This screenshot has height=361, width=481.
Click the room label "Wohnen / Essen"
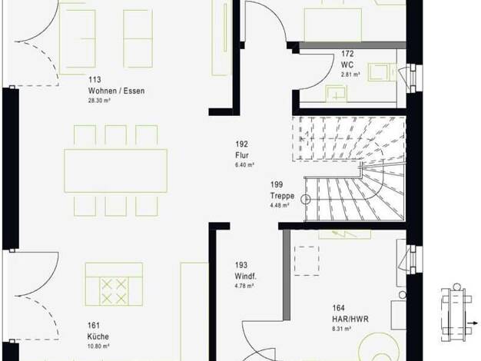click(116, 91)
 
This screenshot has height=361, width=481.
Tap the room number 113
click(95, 79)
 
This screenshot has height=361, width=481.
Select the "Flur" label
click(242, 155)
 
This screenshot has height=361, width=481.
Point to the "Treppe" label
click(282, 196)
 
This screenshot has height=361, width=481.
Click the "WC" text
click(347, 65)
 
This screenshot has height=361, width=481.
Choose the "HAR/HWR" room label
click(350, 319)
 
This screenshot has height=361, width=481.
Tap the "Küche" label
click(98, 336)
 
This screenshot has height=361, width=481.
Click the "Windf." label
click(245, 276)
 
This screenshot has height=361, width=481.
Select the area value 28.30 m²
click(99, 101)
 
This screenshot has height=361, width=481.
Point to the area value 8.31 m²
click(341, 329)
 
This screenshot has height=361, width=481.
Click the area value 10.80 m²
click(98, 346)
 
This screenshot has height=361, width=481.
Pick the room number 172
click(347, 54)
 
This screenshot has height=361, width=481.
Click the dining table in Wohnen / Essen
click(116, 171)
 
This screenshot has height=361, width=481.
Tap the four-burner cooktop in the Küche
click(114, 291)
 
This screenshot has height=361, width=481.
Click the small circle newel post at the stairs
click(306, 200)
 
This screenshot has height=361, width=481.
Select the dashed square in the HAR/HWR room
click(307, 260)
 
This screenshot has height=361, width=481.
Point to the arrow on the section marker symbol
click(473, 323)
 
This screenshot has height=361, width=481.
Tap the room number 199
click(277, 184)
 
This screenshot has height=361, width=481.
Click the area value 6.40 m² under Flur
click(244, 164)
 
